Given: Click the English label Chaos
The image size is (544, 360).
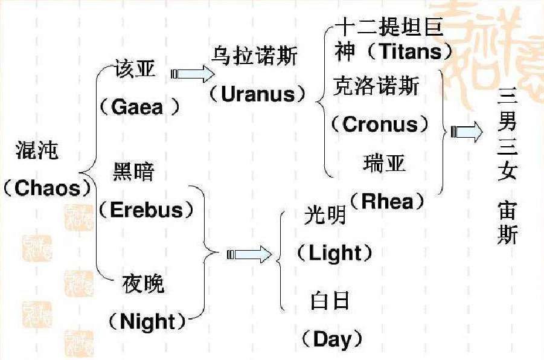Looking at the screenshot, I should point(47,188).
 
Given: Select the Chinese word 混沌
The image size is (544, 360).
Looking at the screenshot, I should point(37,152).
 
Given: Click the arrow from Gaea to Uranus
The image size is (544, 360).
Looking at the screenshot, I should point(193,74).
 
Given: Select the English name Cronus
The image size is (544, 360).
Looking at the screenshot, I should point(380,124).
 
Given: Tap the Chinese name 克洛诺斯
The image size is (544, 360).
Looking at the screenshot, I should point(376,88).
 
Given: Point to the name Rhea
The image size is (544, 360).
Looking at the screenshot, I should point(388,201).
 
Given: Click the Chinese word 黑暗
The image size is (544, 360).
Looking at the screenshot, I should point(134,173).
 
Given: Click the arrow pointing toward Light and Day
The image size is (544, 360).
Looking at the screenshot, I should point(249,254).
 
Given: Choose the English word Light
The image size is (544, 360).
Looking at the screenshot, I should point(333,253).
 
